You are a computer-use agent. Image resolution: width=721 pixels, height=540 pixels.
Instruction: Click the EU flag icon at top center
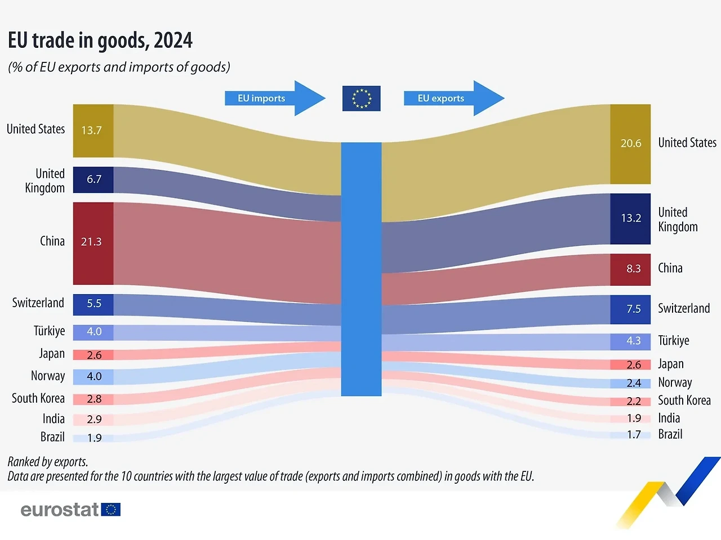[361, 98]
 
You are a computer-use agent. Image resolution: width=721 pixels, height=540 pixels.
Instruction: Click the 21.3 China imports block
[93, 242]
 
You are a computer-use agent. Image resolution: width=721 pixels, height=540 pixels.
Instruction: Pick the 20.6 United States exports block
[630, 143]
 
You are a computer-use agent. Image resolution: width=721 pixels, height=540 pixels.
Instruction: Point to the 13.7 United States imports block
[93, 130]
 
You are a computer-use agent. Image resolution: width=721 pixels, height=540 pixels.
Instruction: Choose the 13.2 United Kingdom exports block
[630, 218]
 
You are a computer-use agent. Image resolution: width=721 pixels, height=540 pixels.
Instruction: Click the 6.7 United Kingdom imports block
[93, 179]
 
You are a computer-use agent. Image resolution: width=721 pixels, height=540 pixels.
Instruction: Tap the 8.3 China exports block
[630, 269]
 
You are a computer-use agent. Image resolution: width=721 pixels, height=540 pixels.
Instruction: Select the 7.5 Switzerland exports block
[630, 309]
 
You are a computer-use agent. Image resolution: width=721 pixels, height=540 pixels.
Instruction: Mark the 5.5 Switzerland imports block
[93, 304]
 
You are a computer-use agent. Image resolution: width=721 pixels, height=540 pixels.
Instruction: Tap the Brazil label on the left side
[52, 437]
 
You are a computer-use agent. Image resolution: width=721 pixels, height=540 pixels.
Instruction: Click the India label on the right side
[669, 418]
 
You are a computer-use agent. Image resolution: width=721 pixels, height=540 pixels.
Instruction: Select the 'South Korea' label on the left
[38, 398]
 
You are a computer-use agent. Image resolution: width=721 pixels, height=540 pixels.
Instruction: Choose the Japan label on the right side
[671, 364]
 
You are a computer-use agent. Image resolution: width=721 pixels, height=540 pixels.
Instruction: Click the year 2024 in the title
[173, 40]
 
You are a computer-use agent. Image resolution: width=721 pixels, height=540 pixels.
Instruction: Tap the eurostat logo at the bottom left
[70, 510]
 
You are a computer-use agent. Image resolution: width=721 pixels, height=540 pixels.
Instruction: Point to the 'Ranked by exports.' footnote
[48, 462]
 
